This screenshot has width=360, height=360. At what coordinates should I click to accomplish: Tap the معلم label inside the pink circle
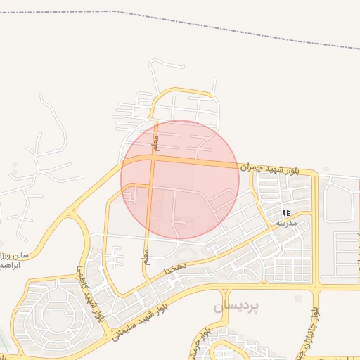click(157, 142)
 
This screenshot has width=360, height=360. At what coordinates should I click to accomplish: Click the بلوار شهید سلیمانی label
click(141, 321)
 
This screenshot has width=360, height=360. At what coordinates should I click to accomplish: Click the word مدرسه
click(286, 222)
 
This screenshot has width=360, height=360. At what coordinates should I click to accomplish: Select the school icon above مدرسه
click(286, 212)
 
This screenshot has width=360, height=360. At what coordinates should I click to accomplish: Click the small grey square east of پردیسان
click(298, 298)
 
